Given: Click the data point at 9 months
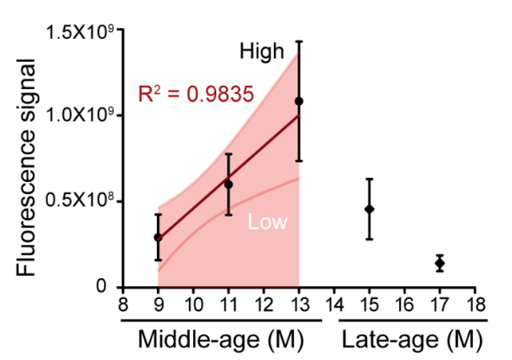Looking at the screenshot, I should (x=158, y=237).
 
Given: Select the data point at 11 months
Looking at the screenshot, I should (x=228, y=184).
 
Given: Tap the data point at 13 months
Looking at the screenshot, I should (x=298, y=101).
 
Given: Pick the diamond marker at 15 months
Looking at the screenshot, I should (x=369, y=208).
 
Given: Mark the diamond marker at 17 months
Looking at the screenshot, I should (x=439, y=263).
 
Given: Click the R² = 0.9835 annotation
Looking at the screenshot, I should (x=196, y=94).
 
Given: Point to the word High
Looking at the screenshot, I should (x=261, y=53).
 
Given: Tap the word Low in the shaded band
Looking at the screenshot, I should (x=268, y=223).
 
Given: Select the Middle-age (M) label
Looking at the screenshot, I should (x=222, y=341).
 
